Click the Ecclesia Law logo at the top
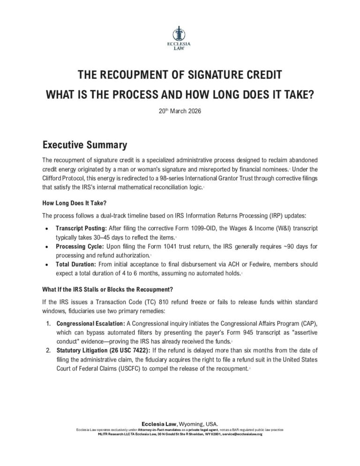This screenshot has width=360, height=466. [180, 38]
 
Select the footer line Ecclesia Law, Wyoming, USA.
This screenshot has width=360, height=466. [180, 424]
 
